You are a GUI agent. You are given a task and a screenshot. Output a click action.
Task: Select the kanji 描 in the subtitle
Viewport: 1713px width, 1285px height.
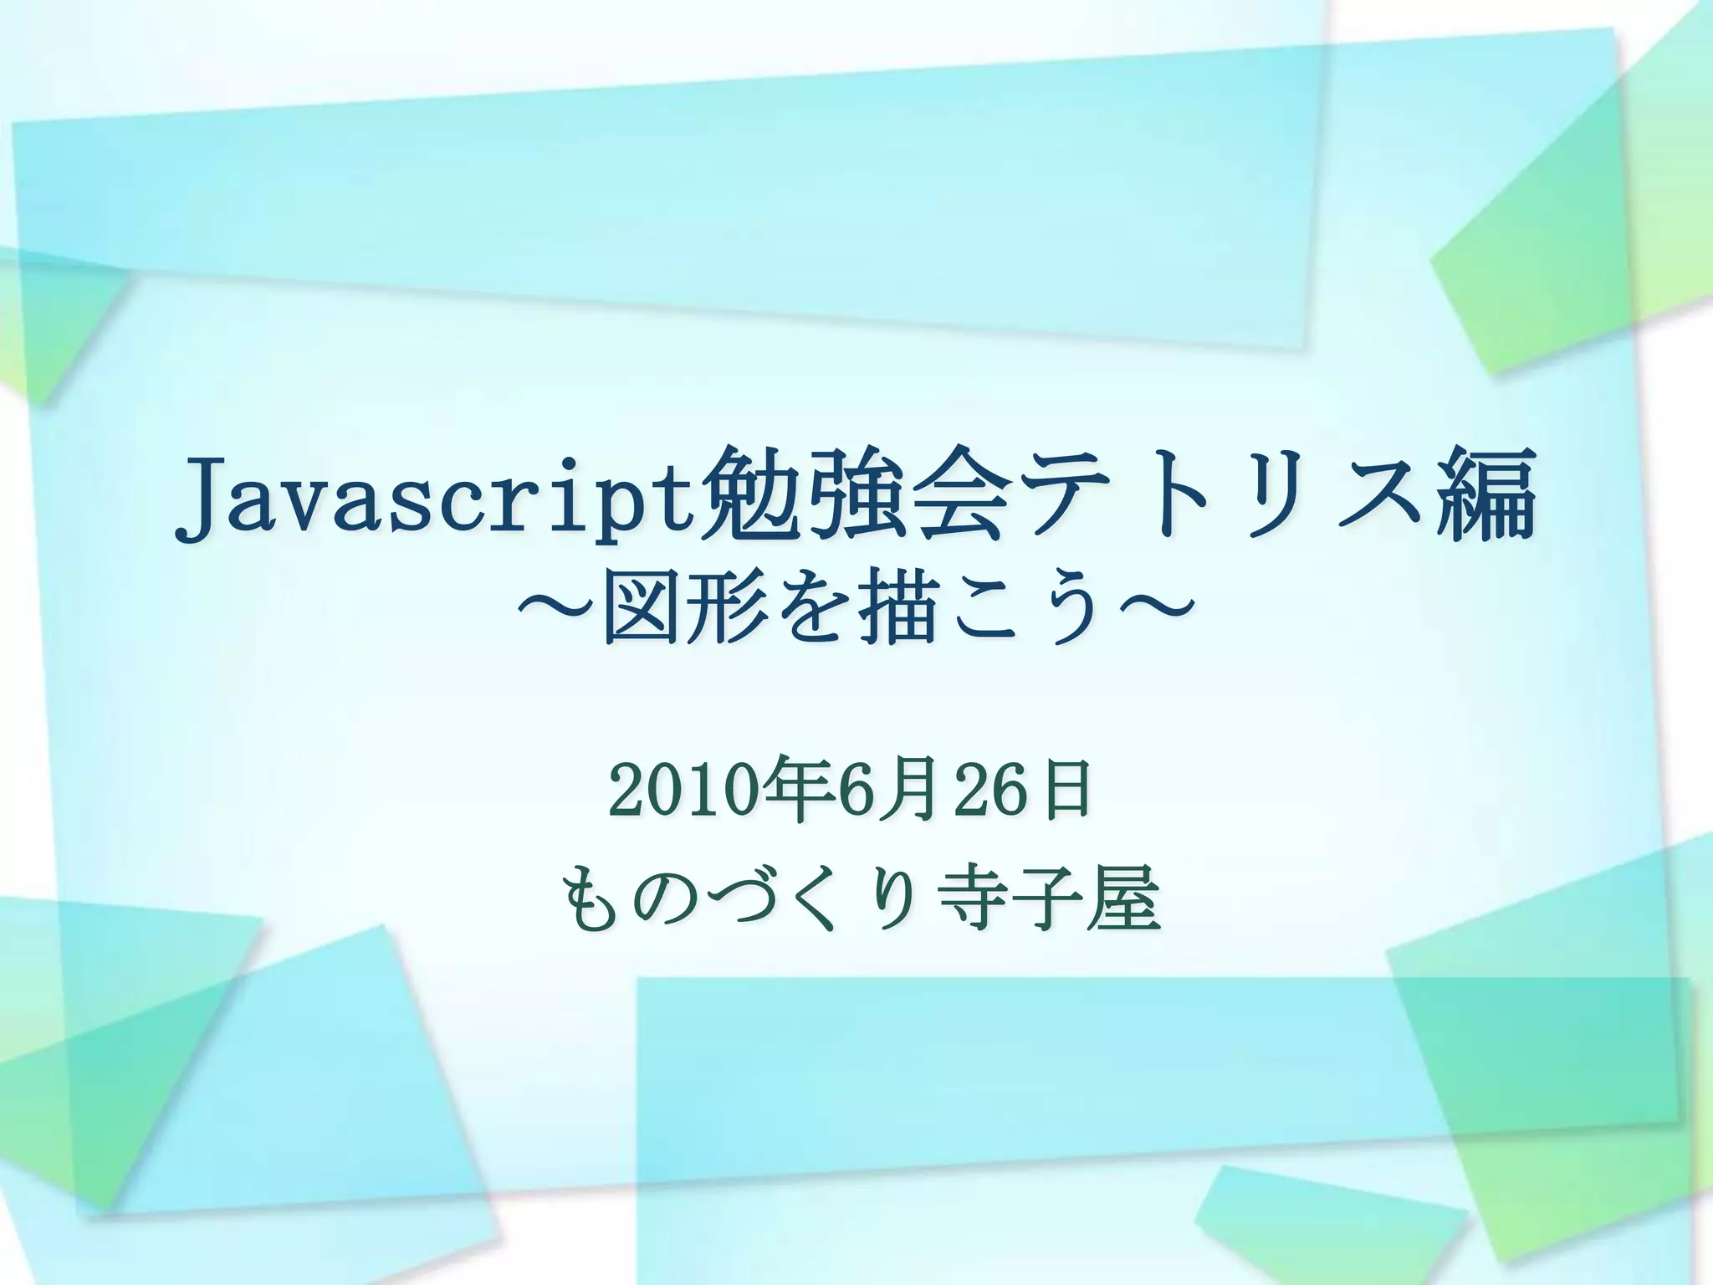[896, 617]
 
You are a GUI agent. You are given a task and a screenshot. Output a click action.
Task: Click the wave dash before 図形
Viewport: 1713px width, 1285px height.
[556, 617]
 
